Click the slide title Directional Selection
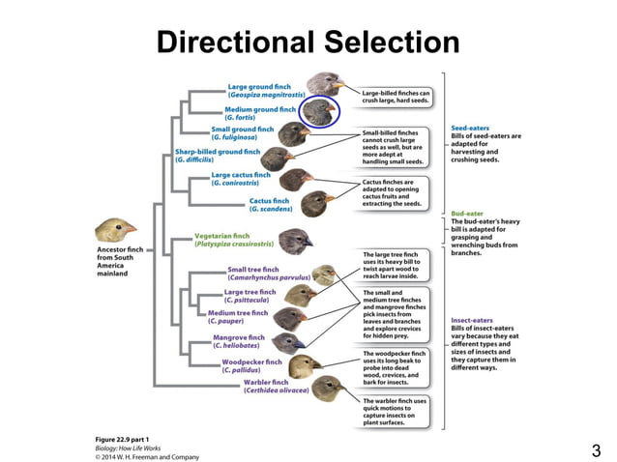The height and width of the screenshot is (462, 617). click(x=308, y=42)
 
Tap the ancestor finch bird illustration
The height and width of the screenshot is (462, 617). click(x=116, y=230)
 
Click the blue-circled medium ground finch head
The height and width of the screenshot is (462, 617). click(x=318, y=113)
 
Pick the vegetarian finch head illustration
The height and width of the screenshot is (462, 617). click(x=295, y=239)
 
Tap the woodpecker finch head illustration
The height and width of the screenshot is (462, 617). click(x=305, y=365)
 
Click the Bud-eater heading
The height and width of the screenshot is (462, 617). click(x=470, y=213)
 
